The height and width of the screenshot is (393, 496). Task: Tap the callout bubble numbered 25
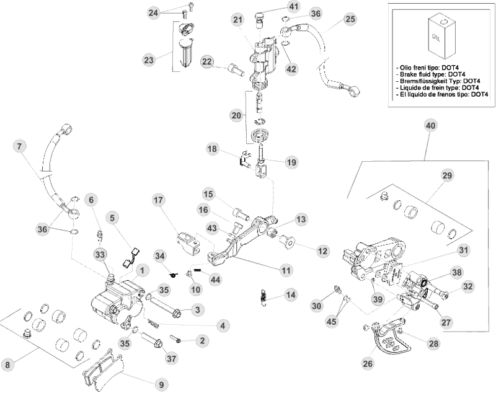click(350, 20)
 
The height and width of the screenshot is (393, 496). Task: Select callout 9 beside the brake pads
click(161, 384)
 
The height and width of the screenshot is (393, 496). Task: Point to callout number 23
click(148, 60)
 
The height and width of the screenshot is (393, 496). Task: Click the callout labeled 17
click(158, 200)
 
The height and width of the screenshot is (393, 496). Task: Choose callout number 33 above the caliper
click(100, 254)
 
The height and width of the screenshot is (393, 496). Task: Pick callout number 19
click(290, 162)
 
